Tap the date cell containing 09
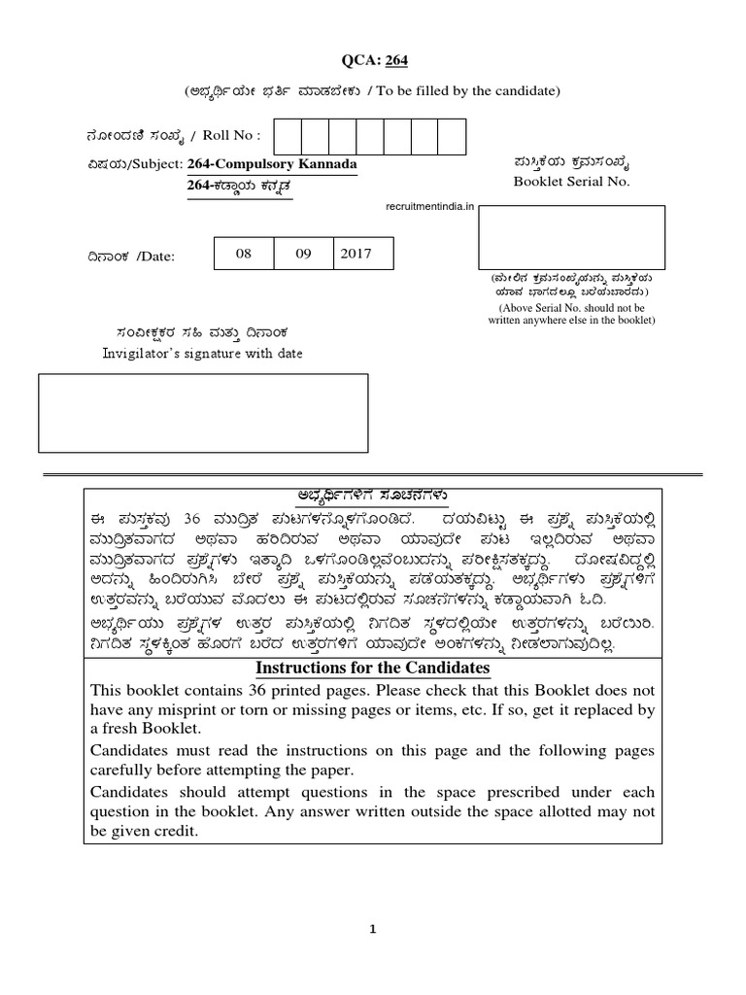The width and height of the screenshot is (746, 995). [303, 254]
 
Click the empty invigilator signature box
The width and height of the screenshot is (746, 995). [203, 413]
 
